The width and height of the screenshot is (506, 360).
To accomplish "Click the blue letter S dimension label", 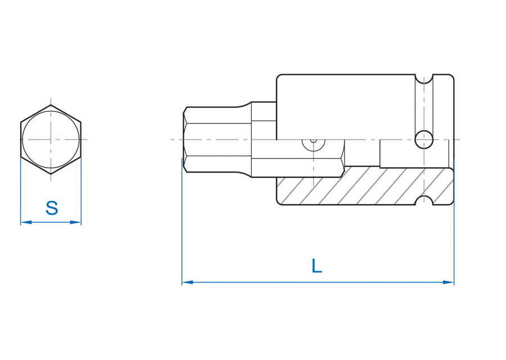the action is (52, 208).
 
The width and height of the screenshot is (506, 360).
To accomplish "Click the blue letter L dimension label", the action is (317, 266).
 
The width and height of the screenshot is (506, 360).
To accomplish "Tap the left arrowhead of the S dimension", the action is (26, 222).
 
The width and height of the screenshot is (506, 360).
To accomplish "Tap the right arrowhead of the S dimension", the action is (75, 222).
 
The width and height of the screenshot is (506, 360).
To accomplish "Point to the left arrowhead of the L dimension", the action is (187, 282).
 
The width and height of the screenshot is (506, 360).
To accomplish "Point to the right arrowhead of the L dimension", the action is (448, 282).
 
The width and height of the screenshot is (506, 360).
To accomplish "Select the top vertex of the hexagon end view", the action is (51, 105).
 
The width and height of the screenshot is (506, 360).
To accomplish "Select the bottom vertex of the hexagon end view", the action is (51, 174).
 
